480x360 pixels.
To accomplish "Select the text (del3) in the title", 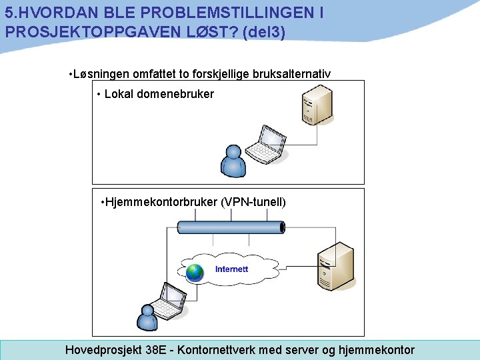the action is (265, 31).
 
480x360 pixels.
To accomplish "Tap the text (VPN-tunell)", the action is (253, 201).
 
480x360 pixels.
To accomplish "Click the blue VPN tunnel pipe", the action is (231, 227).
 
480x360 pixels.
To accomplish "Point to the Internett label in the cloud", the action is (231, 269).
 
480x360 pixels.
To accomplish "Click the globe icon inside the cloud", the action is (195, 272).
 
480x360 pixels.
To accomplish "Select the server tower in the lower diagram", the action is (334, 267).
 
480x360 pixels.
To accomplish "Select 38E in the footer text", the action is (155, 350).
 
